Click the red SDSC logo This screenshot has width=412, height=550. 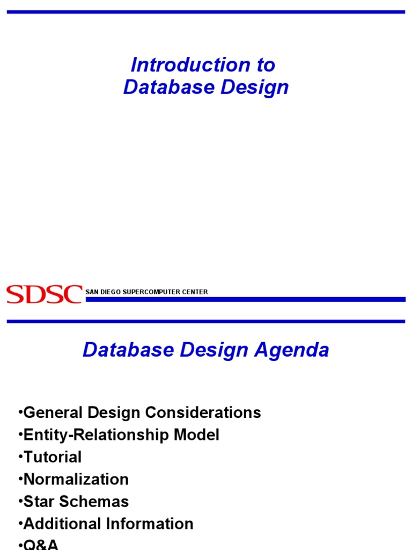44,294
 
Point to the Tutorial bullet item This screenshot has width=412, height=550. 52,457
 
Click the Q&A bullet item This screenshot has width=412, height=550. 40,545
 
